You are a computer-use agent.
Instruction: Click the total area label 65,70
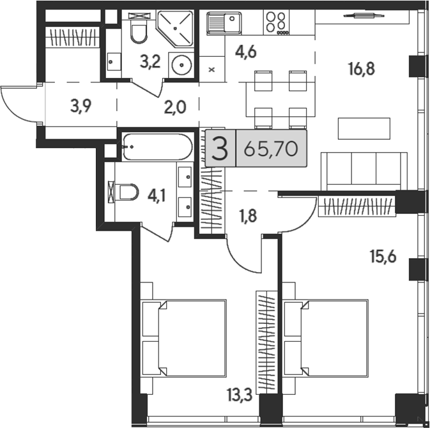coord(271,149)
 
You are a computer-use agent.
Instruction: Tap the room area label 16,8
coord(362,68)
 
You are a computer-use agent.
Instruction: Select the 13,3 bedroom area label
coord(240,395)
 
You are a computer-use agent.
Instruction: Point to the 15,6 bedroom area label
coord(383,257)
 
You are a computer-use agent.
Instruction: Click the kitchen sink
coord(224,23)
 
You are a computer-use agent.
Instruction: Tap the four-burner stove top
coord(277,22)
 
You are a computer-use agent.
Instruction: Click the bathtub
coord(157,147)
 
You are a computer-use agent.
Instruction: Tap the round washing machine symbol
coord(181,65)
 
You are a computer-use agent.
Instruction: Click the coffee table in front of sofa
coord(364,128)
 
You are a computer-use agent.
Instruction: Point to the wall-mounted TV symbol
coord(364,16)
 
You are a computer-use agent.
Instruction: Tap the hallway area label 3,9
coord(81,106)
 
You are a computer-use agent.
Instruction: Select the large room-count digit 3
coord(220,149)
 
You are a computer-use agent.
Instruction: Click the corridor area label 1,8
coord(249,216)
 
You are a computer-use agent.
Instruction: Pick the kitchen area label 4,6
coord(246,52)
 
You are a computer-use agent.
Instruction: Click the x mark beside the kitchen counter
coord(211,70)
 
